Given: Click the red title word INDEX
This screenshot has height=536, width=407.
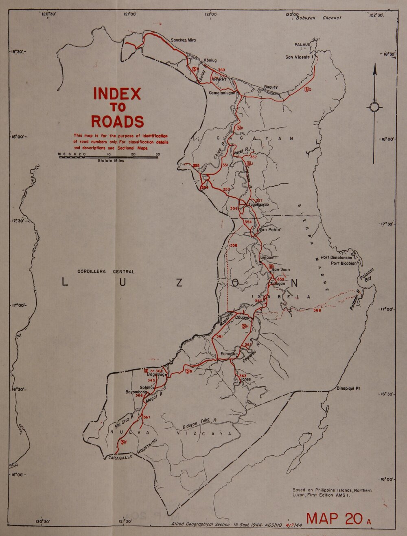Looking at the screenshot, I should click(x=117, y=94).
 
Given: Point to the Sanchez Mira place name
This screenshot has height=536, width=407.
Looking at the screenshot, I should click(x=183, y=40).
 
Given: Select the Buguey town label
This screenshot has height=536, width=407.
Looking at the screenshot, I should click(x=271, y=87).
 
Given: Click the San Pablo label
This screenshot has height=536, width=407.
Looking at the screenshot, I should click(x=269, y=229).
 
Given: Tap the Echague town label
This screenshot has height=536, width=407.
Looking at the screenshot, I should click(x=229, y=354).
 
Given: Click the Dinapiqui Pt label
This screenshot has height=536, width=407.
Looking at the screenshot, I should click(x=348, y=388).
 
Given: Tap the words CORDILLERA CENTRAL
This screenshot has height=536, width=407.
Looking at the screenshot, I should click(x=106, y=271).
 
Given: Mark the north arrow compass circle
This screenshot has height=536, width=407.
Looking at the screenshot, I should click(x=374, y=107).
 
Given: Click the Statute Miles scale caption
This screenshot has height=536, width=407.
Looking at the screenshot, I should click(x=111, y=161).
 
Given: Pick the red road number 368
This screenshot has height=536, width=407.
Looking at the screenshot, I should click(x=317, y=311).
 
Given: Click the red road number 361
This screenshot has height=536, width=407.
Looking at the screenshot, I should click(x=219, y=337).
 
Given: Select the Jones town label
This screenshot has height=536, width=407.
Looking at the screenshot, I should click(x=246, y=379).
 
